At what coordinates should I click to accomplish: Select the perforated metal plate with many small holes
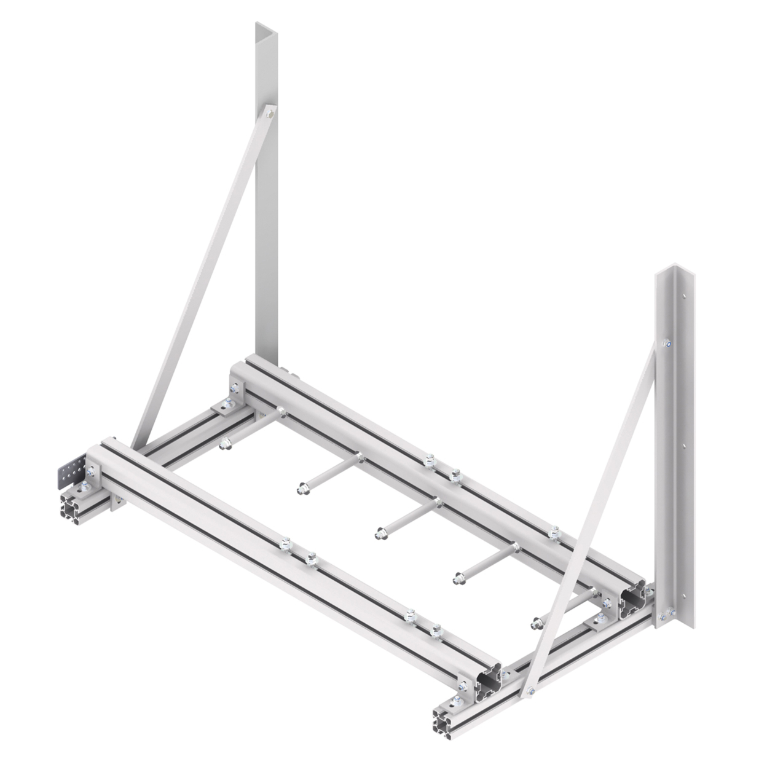[x=70, y=470]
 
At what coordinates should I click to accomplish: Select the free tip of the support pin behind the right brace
[x=537, y=623]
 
